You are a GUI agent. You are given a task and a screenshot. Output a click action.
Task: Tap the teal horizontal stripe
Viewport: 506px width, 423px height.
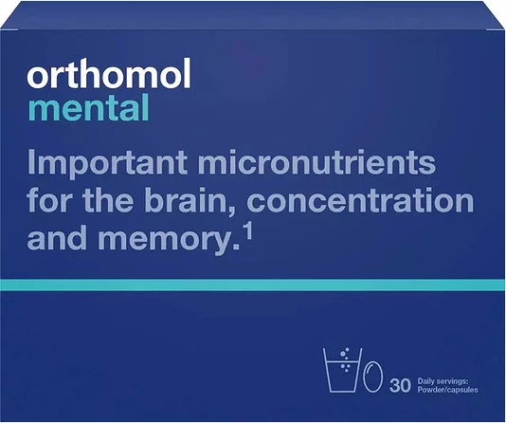(x=253, y=285)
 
